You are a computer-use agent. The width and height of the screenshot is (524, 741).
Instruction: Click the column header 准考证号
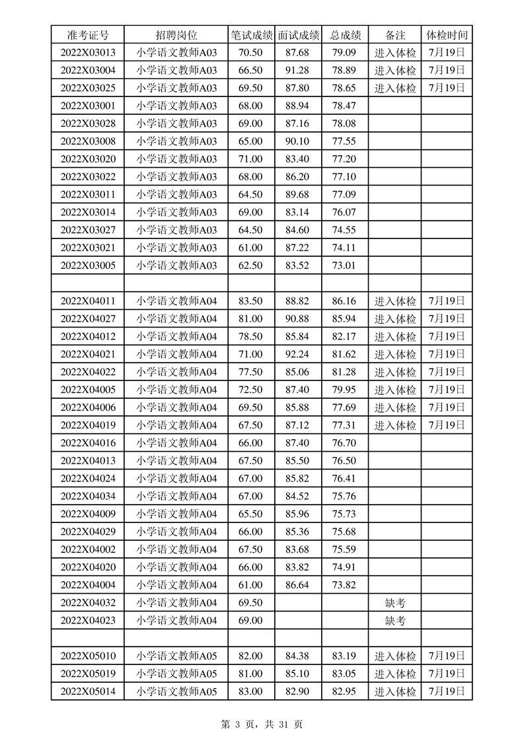coord(88,35)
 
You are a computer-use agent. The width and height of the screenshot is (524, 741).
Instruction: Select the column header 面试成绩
coord(299,35)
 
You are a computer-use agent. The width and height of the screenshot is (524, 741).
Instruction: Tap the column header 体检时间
coord(447,35)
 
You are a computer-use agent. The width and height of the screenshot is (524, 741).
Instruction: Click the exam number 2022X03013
coord(88,53)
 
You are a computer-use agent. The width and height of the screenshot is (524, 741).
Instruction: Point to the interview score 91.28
coord(298,71)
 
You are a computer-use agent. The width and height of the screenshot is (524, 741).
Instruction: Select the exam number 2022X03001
coord(88,106)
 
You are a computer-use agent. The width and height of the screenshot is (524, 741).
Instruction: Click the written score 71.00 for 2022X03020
coord(250,159)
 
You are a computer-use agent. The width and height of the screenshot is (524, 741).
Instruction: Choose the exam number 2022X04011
coord(88,301)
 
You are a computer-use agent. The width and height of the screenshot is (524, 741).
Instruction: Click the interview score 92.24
coord(298,355)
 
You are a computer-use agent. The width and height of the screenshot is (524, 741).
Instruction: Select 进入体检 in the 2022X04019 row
coord(395,425)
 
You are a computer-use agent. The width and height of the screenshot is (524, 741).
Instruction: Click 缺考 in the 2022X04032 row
coord(395,603)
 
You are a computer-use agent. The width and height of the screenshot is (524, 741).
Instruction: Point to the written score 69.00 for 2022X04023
coord(250,621)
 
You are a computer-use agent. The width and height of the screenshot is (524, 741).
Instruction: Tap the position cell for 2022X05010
coord(176,656)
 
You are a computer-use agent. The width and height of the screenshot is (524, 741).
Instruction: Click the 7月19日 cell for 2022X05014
coord(447,691)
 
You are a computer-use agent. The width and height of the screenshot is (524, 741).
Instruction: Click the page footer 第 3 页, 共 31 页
coord(262,724)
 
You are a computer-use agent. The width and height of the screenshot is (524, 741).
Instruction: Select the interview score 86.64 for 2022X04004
coord(298,585)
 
